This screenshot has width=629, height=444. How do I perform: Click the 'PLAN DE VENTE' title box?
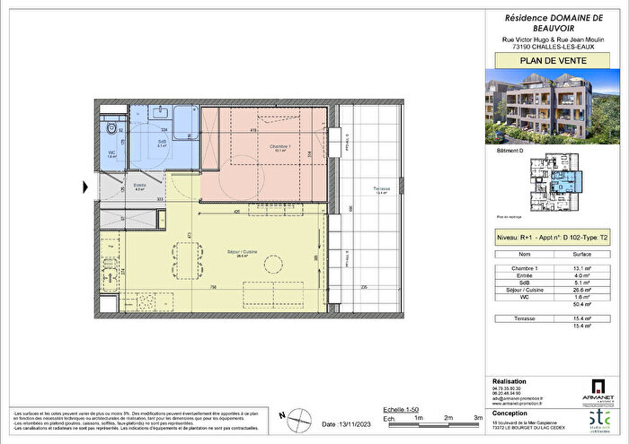(549, 61)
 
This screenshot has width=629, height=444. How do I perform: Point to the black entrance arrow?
(85, 187)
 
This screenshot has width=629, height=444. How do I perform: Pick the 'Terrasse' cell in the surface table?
(516, 319)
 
